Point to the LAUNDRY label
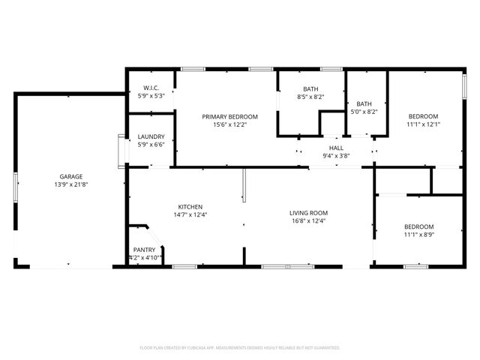[151, 136]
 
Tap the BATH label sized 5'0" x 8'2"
[364, 103]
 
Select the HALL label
[336, 148]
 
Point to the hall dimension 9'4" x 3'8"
[336, 156]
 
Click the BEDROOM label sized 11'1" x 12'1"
[423, 116]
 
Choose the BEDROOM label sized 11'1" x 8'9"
[418, 226]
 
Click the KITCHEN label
[190, 207]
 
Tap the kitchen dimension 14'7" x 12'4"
[190, 215]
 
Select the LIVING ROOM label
[309, 213]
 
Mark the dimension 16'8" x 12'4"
[309, 221]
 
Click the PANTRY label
[145, 250]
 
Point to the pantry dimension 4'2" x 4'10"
[145, 258]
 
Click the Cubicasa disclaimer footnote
[240, 348]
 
